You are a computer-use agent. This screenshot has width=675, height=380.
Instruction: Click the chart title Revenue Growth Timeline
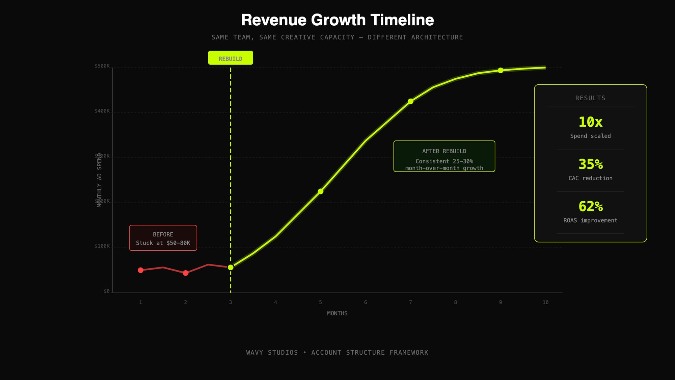click(337, 20)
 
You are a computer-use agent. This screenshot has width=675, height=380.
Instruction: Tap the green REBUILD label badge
click(231, 58)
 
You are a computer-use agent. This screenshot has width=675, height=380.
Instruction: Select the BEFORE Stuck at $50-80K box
click(163, 238)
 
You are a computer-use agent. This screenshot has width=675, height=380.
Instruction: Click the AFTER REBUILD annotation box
click(444, 156)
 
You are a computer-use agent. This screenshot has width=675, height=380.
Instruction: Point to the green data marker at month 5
click(321, 192)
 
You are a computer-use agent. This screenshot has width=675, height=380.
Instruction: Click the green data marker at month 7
click(410, 101)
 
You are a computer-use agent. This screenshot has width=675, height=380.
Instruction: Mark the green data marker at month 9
click(501, 70)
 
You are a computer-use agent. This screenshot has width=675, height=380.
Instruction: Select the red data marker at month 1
click(141, 270)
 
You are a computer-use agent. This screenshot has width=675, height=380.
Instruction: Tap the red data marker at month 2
click(186, 273)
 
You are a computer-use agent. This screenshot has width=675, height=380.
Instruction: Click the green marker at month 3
click(231, 268)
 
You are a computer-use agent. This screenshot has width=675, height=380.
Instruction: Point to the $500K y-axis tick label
click(102, 66)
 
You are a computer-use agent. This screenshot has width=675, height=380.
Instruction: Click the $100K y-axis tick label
click(102, 246)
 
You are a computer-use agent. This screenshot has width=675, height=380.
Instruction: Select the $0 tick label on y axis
click(107, 291)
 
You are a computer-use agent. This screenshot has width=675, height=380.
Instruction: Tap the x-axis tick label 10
click(545, 302)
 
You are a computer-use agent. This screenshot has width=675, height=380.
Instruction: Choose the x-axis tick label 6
click(366, 302)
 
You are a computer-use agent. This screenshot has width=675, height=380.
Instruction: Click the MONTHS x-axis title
click(337, 313)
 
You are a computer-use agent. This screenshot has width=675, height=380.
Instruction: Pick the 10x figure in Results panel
click(590, 122)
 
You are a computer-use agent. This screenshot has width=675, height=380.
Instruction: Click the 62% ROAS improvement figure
click(590, 206)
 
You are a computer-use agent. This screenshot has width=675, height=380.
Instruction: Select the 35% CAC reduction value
click(590, 164)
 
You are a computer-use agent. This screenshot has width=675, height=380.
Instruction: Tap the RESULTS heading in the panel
click(590, 98)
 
